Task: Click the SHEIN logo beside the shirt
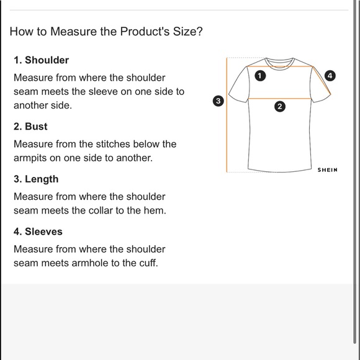[327, 170]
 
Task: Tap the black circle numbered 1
[260, 76]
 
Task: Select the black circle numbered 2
[280, 107]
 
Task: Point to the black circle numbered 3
[218, 101]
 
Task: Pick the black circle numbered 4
[330, 76]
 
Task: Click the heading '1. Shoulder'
[42, 60]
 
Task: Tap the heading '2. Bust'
[30, 127]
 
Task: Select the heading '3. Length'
[36, 179]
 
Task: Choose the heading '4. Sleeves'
[38, 232]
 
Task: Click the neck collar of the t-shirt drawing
[280, 64]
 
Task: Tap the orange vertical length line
[227, 115]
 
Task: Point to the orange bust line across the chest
[280, 99]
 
